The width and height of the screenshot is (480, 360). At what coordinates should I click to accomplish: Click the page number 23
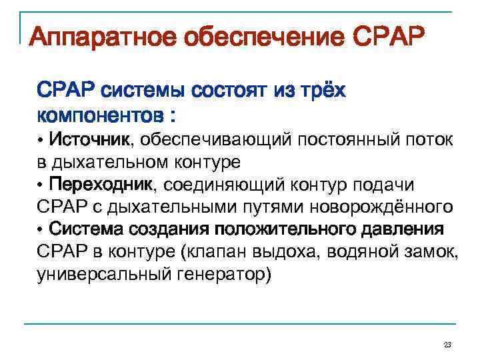pyautogui.click(x=447, y=345)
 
